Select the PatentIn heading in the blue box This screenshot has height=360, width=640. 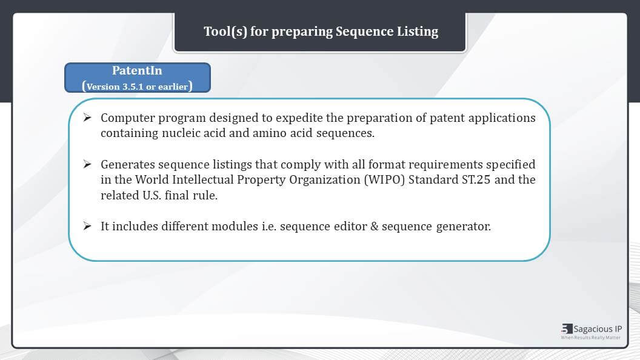[x=137, y=71]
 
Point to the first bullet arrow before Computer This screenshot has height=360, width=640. [x=87, y=118]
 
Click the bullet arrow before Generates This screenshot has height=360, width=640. [x=87, y=164]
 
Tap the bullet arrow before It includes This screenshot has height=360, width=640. [x=87, y=225]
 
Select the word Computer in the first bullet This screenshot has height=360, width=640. [x=128, y=118]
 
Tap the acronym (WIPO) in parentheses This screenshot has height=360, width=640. [x=384, y=180]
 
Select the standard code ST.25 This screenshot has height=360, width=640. [x=476, y=180]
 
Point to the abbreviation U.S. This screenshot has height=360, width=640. [x=152, y=196]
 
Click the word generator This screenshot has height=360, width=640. [x=463, y=227]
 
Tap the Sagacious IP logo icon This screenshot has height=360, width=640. [x=567, y=328]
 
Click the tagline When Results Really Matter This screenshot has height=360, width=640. [x=591, y=338]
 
